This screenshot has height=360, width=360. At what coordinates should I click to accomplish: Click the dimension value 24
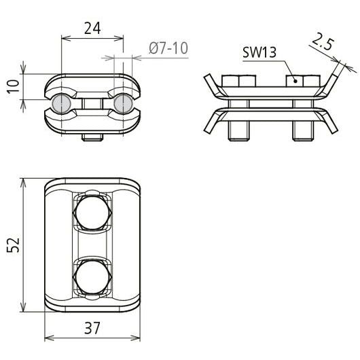[x=92, y=29]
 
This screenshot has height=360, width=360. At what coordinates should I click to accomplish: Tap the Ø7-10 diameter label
[x=168, y=48]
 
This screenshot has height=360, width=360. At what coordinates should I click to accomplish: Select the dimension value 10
[x=14, y=86]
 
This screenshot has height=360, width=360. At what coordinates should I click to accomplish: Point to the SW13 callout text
[x=259, y=52]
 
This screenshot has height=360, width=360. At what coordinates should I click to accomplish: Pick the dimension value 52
[x=13, y=245]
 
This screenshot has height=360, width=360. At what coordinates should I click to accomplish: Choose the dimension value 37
[x=92, y=328]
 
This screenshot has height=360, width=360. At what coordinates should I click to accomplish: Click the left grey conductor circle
[x=61, y=104]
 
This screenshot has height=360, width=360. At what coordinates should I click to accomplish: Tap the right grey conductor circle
[x=124, y=104]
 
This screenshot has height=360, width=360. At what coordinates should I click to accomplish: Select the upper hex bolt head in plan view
[x=92, y=213]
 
